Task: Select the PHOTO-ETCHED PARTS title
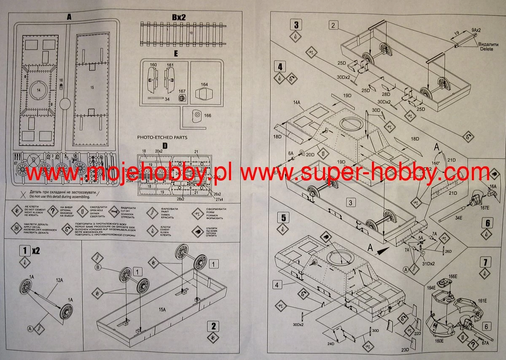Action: pyautogui.click(x=162, y=138)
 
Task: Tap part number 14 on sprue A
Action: pyautogui.click(x=39, y=90)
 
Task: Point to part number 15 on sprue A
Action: pyautogui.click(x=92, y=87)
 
